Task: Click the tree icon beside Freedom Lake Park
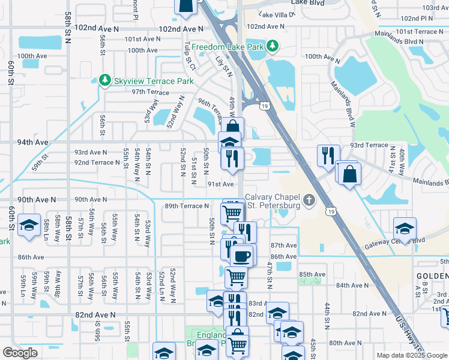273,46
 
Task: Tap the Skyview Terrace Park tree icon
105,80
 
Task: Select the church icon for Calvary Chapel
309,200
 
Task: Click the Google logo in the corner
20,353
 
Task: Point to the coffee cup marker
241,257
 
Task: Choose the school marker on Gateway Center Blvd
405,229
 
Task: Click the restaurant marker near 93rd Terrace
328,155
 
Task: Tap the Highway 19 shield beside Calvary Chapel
331,211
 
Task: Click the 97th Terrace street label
151,92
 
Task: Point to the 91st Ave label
220,184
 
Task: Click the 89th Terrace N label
186,206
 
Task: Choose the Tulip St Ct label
190,54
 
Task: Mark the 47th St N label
270,272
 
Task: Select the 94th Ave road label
32,142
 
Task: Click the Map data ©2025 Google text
412,355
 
